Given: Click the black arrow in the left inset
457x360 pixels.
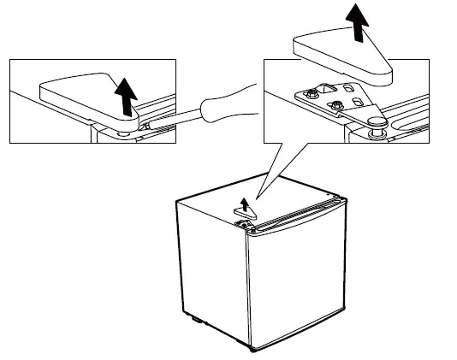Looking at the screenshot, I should (x=127, y=95).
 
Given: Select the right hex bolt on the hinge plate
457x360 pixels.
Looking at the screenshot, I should (x=337, y=105).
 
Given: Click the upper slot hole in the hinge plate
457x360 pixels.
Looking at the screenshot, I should (x=348, y=88).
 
